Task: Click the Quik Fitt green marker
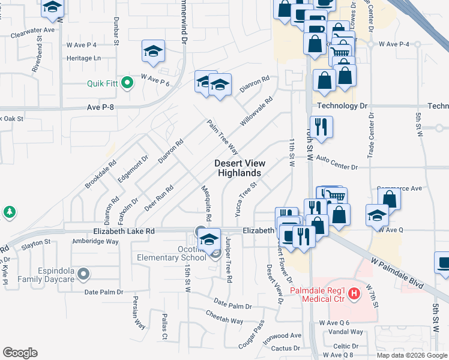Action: (127, 83)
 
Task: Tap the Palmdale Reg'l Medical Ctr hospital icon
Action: (355, 293)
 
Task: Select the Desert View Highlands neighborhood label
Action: (239, 168)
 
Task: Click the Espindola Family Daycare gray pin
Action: (84, 275)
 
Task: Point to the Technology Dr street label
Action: (342, 106)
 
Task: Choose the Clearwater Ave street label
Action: (36, 29)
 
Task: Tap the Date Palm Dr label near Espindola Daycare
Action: (103, 292)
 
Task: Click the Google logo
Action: (20, 353)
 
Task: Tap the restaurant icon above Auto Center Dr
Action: (322, 127)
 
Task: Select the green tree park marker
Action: (9, 212)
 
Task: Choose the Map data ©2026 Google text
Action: (411, 355)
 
